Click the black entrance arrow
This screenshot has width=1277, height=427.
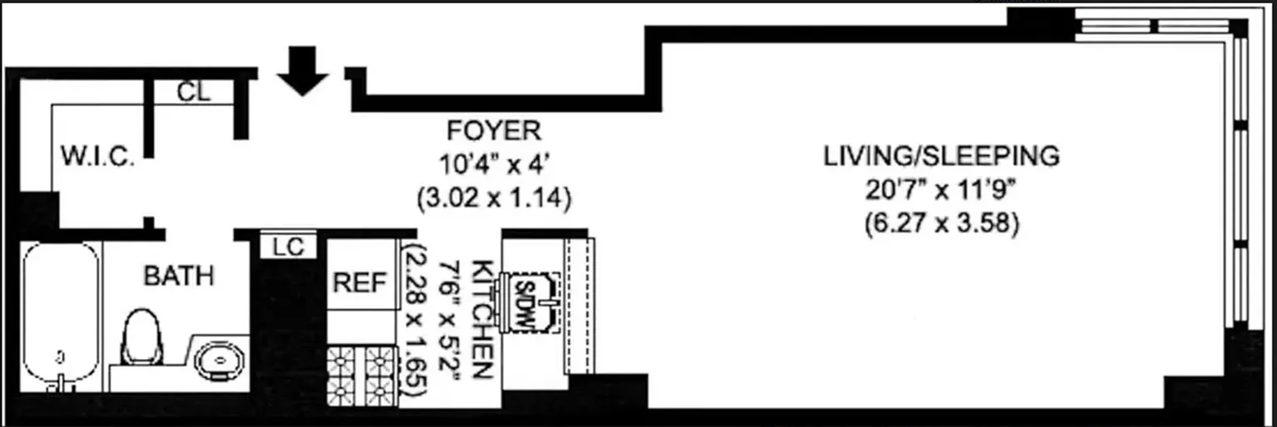[303, 71]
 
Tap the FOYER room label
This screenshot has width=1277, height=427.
[494, 130]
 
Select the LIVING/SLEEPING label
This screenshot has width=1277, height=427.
[941, 155]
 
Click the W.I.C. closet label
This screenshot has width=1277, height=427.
[97, 155]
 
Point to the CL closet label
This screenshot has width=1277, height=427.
[194, 92]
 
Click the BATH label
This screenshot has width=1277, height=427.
[179, 276]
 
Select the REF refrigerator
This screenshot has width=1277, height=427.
[360, 283]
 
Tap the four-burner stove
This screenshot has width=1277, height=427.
[362, 375]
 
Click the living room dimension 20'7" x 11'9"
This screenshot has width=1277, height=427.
[941, 190]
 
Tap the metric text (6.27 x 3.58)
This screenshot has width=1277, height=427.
[941, 224]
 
